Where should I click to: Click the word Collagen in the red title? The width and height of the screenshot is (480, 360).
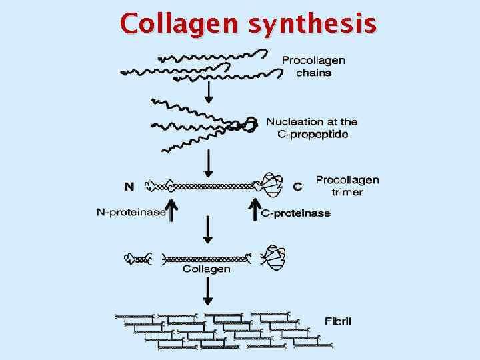click(x=181, y=24)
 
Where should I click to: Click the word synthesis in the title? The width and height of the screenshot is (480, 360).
click(x=312, y=24)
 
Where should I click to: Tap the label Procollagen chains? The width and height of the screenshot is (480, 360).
click(x=313, y=67)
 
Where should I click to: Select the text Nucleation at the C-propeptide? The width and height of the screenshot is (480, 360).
click(x=312, y=127)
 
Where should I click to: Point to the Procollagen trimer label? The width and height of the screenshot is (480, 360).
click(x=347, y=186)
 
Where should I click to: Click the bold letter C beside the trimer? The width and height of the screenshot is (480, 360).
click(x=297, y=186)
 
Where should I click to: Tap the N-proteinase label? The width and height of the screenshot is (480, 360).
click(x=131, y=213)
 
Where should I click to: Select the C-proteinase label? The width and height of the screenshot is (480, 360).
click(x=296, y=213)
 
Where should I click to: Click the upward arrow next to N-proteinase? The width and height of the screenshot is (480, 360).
click(x=171, y=209)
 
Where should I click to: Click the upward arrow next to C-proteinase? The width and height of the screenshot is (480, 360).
click(x=254, y=209)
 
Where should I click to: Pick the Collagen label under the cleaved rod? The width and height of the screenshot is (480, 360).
click(x=206, y=269)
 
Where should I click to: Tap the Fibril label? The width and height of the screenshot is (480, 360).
click(x=338, y=321)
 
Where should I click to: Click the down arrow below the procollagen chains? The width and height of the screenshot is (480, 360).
click(x=209, y=92)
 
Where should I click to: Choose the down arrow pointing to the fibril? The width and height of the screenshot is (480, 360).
click(x=209, y=292)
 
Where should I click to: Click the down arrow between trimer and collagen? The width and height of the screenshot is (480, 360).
click(x=209, y=231)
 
